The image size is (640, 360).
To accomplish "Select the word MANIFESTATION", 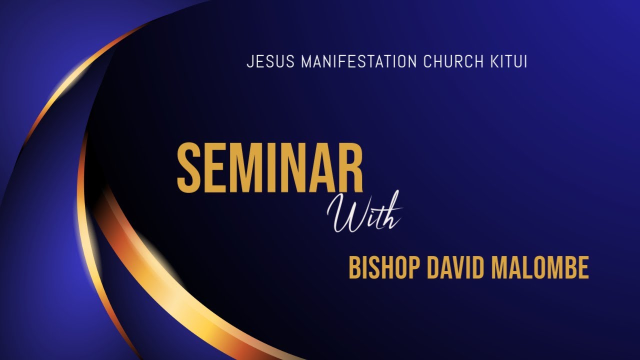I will pyautogui.click(x=358, y=62).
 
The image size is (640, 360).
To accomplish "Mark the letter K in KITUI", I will pyautogui.click(x=490, y=62).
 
